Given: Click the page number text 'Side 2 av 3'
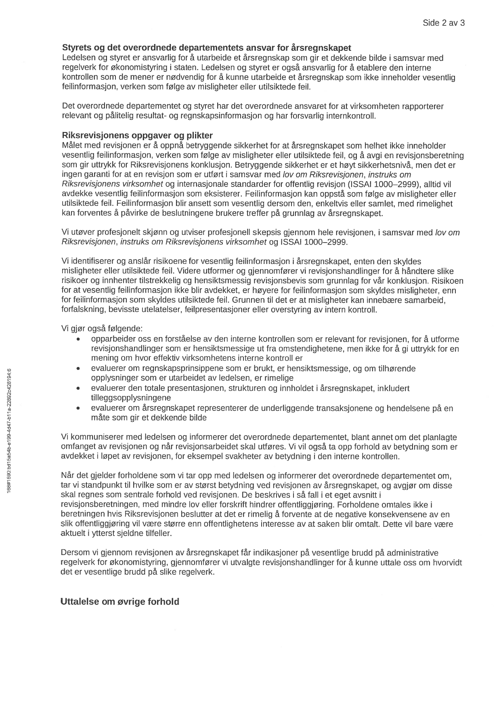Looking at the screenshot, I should [443, 23].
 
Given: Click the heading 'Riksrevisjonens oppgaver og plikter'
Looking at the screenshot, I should [137, 135].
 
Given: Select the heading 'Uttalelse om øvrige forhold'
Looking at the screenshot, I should [119, 601].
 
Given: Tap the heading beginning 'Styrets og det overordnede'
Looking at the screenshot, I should [207, 48].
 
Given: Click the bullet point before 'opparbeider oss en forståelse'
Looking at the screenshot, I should [78, 339].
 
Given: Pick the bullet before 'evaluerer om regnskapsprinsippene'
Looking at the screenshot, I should [78, 369].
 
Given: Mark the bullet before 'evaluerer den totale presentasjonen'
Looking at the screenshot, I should [78, 388].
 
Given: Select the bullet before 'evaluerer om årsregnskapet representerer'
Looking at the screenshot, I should [78, 408].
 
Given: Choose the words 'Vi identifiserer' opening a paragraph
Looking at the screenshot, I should [87, 262].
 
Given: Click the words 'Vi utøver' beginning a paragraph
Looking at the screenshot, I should [77, 233].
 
